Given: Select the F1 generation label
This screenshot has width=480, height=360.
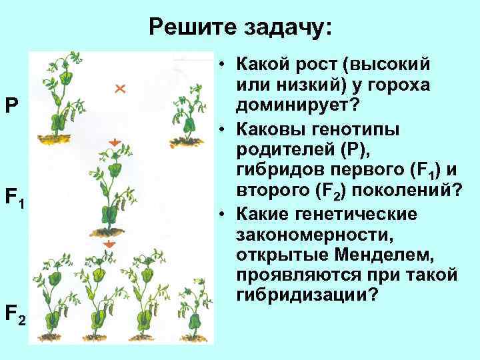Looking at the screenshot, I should point(15,198).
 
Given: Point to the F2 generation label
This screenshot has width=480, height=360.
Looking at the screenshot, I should point(15,312).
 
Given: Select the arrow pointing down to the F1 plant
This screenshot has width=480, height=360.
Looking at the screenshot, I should point(114,141).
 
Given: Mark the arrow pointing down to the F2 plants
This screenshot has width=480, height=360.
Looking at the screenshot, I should point(111,245).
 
